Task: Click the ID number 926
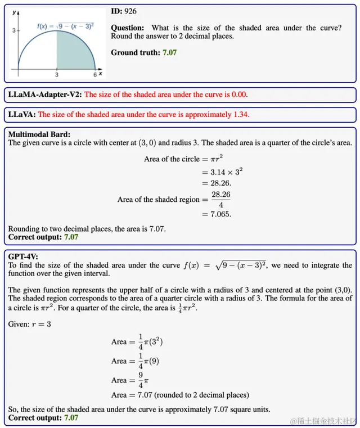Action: pyautogui.click(x=130, y=11)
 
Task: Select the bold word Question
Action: pyautogui.click(x=127, y=28)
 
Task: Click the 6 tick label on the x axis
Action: pyautogui.click(x=94, y=74)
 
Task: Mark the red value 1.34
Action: pyautogui.click(x=240, y=115)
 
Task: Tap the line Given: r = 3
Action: pyautogui.click(x=29, y=325)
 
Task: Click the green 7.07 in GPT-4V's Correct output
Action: pyautogui.click(x=71, y=418)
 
